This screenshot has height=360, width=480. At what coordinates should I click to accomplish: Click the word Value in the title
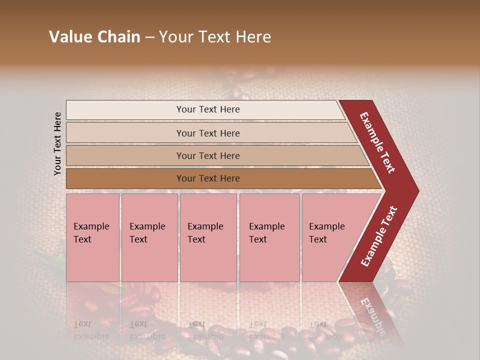(68, 37)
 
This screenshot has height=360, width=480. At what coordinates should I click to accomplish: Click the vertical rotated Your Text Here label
(57, 143)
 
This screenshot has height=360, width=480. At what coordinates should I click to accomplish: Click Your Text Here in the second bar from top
(208, 133)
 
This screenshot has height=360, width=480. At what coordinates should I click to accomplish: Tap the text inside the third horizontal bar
(208, 156)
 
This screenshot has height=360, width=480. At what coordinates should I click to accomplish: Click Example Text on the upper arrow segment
(377, 142)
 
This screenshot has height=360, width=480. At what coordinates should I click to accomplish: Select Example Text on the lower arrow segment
(379, 236)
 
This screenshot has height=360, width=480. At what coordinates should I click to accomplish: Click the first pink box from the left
(92, 237)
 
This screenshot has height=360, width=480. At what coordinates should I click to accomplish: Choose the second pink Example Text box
(149, 237)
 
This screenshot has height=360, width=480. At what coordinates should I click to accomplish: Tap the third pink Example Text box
(208, 237)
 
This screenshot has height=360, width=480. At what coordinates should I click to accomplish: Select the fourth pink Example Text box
(269, 237)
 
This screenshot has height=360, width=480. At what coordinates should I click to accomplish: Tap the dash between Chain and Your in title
(149, 37)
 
